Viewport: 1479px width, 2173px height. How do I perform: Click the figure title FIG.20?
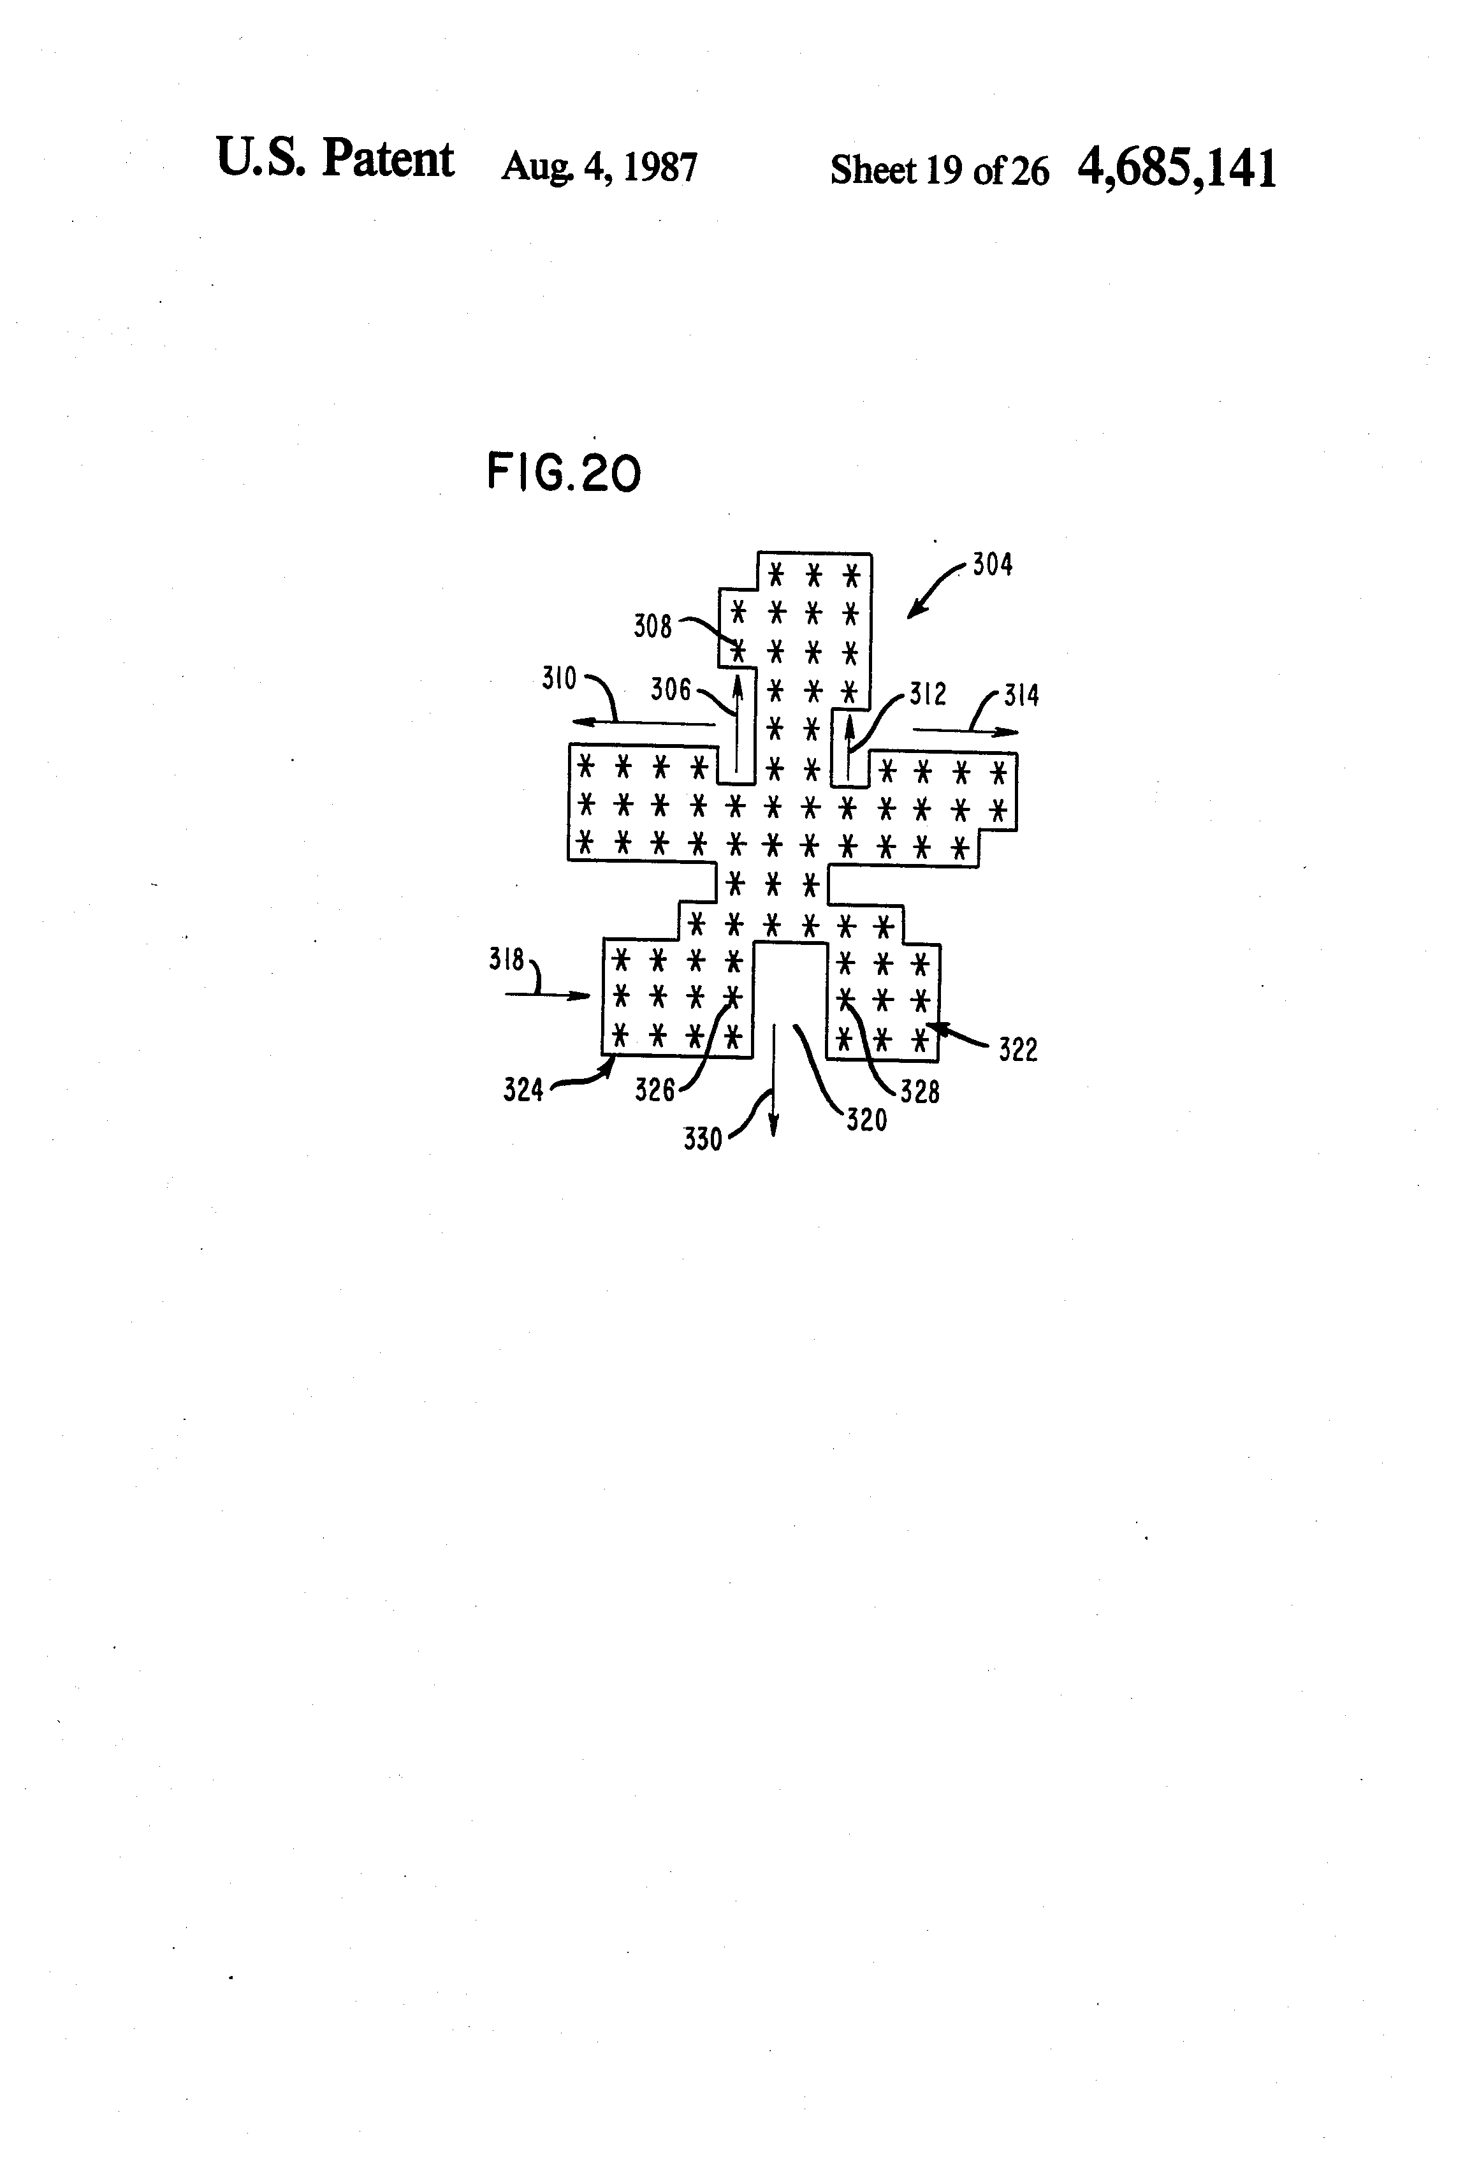click(564, 473)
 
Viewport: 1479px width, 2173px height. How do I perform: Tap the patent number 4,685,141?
click(1176, 169)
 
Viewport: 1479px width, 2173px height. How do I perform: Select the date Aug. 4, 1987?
click(599, 167)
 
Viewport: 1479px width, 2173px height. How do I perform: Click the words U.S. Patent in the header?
click(335, 158)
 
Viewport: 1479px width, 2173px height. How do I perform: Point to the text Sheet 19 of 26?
click(938, 170)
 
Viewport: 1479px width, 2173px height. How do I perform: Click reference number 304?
click(992, 565)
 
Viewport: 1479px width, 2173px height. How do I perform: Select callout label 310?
click(559, 678)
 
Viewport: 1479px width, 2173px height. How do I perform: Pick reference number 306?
click(670, 689)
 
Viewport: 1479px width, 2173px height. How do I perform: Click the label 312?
click(928, 694)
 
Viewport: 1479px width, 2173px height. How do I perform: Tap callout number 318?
click(507, 960)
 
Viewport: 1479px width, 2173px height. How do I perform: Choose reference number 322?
click(1017, 1050)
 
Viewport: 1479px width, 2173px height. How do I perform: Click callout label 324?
click(523, 1089)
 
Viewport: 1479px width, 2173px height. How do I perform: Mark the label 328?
click(919, 1091)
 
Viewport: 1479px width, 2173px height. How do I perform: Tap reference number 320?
click(866, 1119)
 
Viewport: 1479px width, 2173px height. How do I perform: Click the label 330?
click(703, 1139)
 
